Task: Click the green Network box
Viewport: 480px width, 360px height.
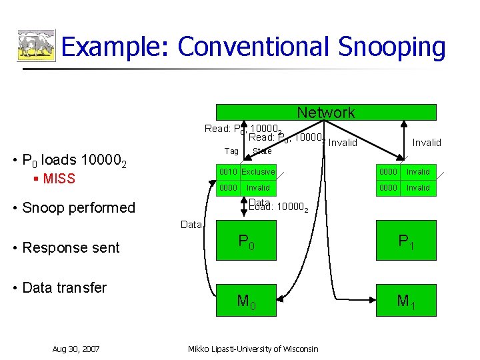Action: (326, 113)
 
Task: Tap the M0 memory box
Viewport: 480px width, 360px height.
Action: (246, 301)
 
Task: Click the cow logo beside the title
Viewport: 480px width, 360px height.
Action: (36, 46)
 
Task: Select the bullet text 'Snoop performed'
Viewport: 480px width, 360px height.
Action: (78, 207)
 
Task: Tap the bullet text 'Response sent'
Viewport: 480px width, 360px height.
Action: (71, 248)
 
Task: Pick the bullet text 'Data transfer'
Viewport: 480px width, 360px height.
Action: (64, 288)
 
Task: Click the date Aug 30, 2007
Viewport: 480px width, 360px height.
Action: (76, 349)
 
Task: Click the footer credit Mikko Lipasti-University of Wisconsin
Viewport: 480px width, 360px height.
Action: (253, 349)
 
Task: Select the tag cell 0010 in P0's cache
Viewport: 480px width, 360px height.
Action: (228, 172)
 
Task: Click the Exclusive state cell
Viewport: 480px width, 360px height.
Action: (258, 172)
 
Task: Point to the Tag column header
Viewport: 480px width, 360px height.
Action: (231, 151)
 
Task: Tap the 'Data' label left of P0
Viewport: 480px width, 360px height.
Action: (191, 225)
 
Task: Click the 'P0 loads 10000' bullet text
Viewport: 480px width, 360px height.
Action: (79, 161)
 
